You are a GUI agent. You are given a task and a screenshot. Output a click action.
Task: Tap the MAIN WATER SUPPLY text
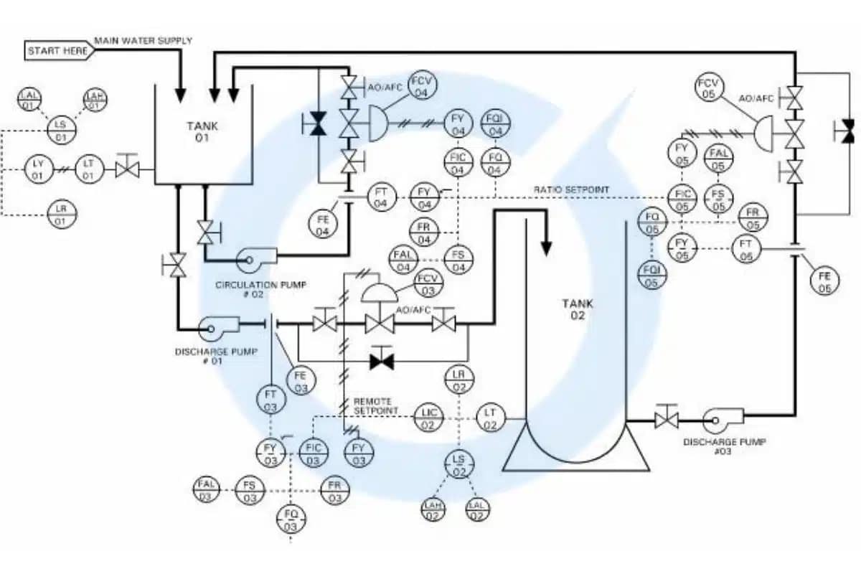(143, 41)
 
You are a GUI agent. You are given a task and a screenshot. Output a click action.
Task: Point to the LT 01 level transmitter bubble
(88, 170)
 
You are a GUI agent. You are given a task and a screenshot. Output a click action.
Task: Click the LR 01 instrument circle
(62, 215)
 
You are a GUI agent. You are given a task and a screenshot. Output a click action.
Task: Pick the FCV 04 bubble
(422, 87)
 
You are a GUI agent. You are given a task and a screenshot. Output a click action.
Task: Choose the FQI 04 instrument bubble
(495, 124)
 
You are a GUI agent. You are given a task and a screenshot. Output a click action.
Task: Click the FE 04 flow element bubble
(323, 225)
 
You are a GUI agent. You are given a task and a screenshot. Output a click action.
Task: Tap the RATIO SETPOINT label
(571, 189)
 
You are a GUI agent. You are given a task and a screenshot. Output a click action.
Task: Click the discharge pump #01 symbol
(216, 327)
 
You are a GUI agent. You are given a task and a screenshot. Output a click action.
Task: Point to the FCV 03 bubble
(428, 284)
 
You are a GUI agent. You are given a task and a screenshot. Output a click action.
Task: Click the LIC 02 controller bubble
(428, 418)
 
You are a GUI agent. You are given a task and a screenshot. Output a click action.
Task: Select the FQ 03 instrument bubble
(291, 520)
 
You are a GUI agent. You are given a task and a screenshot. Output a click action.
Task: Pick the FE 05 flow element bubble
(825, 281)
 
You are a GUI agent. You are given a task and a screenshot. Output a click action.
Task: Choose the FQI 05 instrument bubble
(651, 276)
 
